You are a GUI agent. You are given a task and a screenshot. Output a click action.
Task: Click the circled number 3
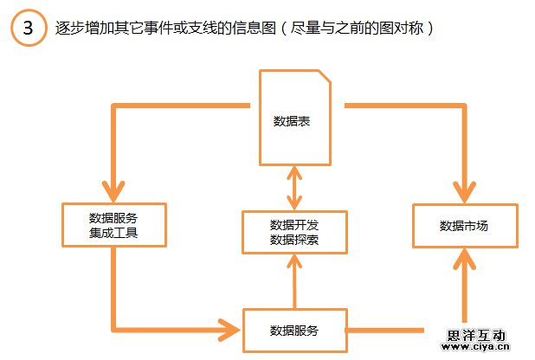(x=29, y=29)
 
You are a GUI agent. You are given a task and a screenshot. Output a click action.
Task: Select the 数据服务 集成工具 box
(x=113, y=224)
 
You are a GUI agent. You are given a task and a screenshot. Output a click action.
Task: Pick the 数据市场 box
(x=464, y=226)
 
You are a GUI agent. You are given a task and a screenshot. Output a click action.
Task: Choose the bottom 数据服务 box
(x=294, y=330)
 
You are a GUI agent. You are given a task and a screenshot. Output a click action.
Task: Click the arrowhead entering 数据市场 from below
(x=465, y=258)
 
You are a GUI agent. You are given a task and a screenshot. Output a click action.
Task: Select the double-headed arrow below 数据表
(x=294, y=185)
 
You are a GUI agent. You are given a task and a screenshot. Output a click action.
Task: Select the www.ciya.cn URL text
(x=475, y=349)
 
